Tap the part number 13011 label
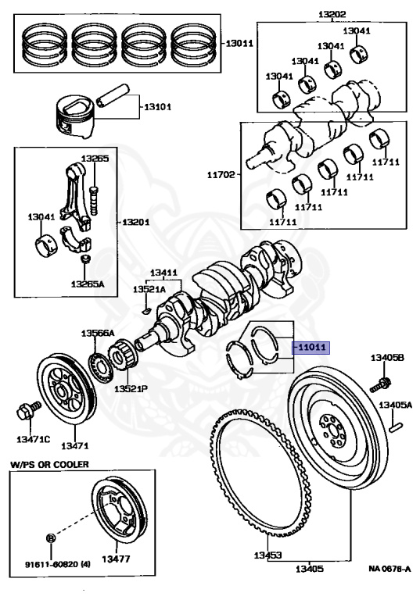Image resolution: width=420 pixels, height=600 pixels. (x=239, y=44)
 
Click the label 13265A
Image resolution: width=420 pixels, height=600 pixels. (x=87, y=284)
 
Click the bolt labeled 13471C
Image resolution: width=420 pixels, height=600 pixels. (x=24, y=409)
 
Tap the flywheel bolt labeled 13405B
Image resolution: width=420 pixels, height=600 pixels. (x=382, y=384)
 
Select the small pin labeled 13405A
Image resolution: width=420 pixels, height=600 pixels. (x=397, y=427)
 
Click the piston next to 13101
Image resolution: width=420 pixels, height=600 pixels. (x=78, y=114)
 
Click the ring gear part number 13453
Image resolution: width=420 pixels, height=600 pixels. (x=266, y=555)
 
